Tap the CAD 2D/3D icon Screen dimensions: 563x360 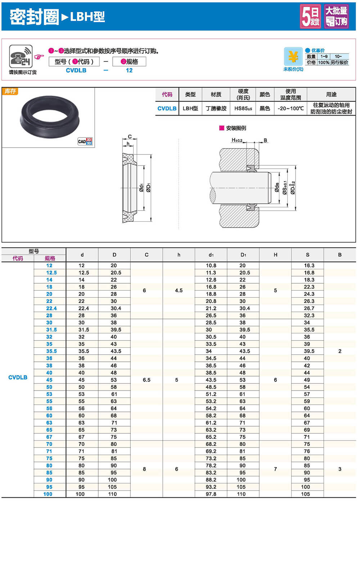pos(85,141)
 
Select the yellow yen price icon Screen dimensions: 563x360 pos(293,57)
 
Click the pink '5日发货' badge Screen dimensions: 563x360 pos(310,17)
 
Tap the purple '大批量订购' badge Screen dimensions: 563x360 pos(336,17)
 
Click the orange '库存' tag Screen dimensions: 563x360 pos(10,91)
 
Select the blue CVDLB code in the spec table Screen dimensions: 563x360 pos(167,108)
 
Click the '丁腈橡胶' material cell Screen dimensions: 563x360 pos(216,108)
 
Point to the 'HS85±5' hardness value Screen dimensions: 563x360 pos(243,108)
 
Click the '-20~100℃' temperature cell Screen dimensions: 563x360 pos(291,108)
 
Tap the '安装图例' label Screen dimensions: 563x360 pos(236,128)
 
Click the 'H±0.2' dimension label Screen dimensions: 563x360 pos(237,140)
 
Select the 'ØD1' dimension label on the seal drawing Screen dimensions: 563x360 pos(148,188)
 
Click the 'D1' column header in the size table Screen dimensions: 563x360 pos(243,255)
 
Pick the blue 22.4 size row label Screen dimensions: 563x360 pos(51,308)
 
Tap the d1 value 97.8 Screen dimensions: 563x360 pos(211,494)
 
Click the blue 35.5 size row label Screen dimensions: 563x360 pos(51,351)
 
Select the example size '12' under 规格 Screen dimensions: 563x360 pos(129,71)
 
